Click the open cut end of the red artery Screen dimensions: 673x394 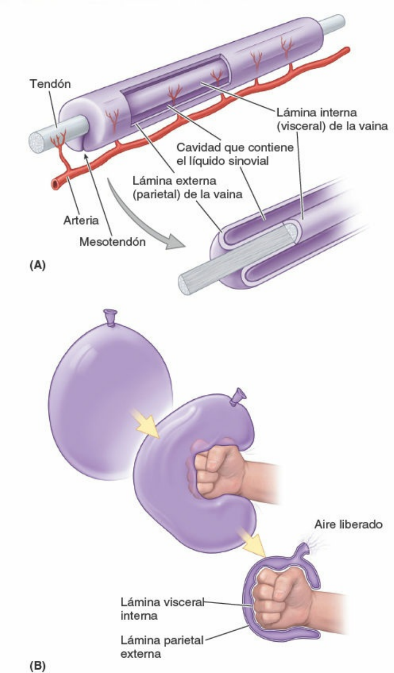[x=56, y=183]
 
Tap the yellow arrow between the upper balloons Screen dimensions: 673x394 [x=149, y=423]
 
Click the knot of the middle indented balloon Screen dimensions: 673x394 [x=239, y=398]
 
